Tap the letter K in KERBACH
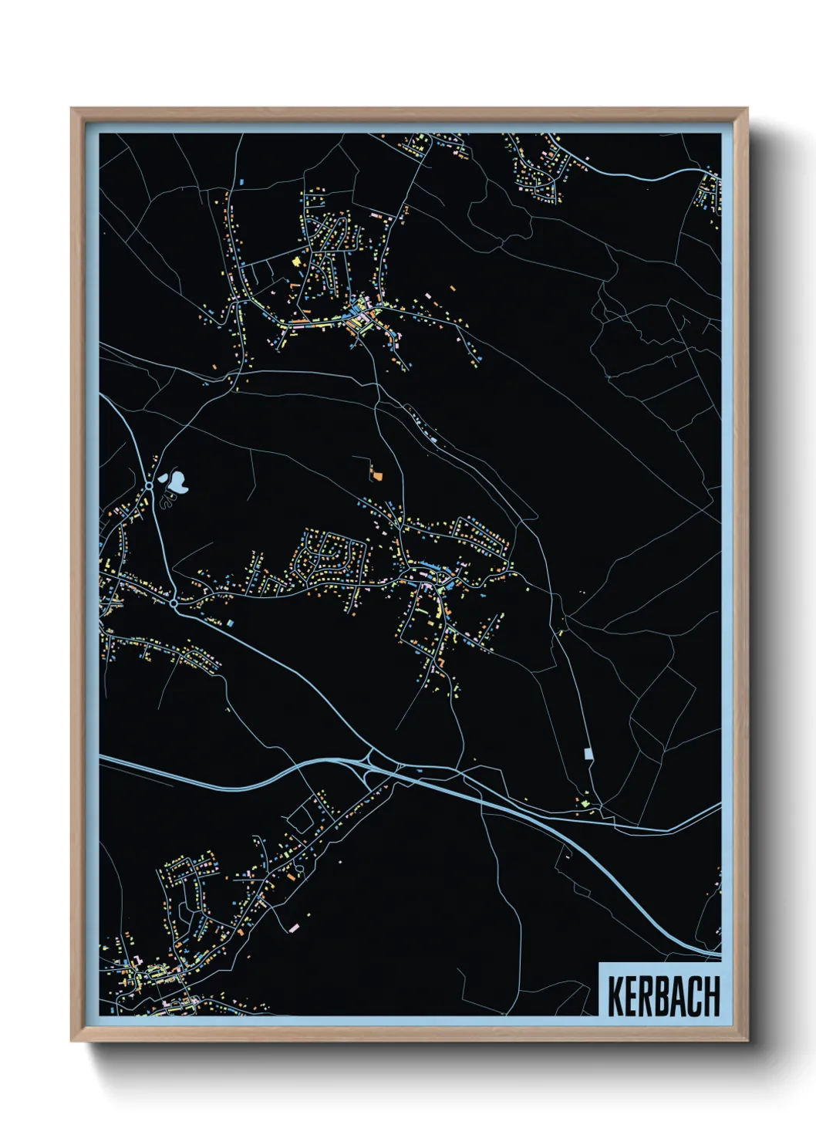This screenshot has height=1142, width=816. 615,996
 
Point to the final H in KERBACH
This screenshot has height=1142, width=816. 711,996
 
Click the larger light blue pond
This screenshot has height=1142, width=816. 180,483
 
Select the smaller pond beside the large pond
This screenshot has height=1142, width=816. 164,478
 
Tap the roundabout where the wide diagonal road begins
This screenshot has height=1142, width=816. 174,603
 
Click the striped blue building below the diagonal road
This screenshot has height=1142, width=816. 229,622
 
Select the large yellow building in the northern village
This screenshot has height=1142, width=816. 295,262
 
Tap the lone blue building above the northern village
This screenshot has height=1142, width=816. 241,182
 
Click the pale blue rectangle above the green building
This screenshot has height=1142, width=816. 588,753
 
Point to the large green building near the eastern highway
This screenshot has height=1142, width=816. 585,803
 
